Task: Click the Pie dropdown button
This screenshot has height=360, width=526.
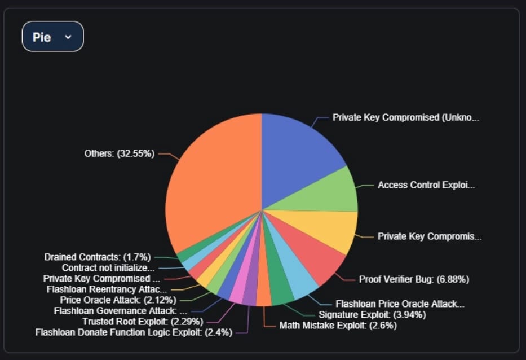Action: [52, 37]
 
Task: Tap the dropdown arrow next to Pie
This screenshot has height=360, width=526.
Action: [68, 37]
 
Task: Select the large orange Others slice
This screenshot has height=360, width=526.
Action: [214, 181]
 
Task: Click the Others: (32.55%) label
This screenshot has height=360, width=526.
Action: [119, 153]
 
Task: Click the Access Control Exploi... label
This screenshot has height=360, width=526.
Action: [426, 185]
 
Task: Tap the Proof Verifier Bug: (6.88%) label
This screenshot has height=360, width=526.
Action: [414, 279]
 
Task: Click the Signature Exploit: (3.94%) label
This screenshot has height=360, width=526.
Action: [372, 314]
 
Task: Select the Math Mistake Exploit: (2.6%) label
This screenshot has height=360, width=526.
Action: [338, 326]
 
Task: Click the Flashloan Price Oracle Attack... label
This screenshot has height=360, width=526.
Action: [400, 304]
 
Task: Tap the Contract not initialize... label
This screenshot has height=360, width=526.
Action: [108, 268]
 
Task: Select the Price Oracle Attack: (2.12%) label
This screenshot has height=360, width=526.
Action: [118, 300]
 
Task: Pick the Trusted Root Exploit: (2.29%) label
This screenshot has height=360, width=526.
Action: [143, 322]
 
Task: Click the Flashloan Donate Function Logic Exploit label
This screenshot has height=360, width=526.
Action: [134, 332]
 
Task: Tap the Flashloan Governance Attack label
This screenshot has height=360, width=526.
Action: [120, 310]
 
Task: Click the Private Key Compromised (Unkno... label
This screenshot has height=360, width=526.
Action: [405, 118]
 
